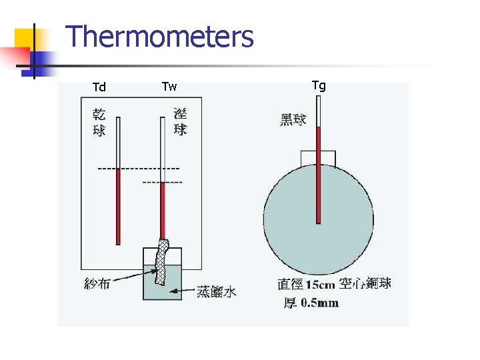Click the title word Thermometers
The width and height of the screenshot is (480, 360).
point(160,37)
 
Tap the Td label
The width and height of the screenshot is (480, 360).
point(99,87)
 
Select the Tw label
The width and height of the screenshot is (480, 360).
point(169,87)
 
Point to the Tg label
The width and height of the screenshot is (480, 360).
point(319,85)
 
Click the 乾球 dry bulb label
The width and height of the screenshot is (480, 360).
point(99,122)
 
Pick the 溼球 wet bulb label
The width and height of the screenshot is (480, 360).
point(180,121)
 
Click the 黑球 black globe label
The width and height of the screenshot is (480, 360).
point(293,120)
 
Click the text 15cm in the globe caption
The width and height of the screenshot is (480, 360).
point(320,285)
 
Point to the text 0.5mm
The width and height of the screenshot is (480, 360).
point(319,303)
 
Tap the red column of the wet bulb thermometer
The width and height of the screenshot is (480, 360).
point(162,210)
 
